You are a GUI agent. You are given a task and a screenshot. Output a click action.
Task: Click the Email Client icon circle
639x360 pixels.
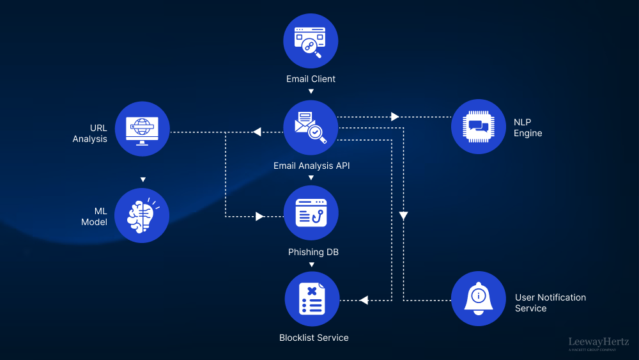[311, 41]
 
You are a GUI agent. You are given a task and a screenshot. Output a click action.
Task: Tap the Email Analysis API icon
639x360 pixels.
[311, 127]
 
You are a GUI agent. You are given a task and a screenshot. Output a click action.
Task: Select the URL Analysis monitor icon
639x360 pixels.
[142, 129]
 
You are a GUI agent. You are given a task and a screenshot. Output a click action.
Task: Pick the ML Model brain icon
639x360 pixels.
[142, 215]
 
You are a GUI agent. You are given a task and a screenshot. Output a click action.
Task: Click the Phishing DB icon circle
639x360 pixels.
[311, 214]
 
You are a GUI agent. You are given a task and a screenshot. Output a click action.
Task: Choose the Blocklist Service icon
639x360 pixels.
[311, 299]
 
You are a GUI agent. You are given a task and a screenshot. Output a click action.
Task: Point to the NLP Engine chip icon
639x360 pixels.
[478, 127]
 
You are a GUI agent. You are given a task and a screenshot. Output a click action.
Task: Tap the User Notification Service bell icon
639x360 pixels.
[478, 299]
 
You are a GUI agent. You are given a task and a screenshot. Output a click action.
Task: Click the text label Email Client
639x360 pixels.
[311, 79]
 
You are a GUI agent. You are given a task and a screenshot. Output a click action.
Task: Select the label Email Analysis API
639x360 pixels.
[311, 166]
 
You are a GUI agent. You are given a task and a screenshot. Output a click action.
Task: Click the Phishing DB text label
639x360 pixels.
[313, 252]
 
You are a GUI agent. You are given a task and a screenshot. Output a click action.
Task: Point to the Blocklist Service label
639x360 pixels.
[314, 338]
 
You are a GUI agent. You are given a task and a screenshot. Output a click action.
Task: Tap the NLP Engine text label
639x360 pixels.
[528, 128]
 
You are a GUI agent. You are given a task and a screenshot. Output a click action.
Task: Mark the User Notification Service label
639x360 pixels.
[550, 302]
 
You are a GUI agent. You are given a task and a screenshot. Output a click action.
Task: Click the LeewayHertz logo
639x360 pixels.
[599, 344]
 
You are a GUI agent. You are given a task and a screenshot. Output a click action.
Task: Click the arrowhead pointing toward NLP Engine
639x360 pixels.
[395, 117]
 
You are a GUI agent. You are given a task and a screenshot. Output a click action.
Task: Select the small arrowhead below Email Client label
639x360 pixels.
[311, 91]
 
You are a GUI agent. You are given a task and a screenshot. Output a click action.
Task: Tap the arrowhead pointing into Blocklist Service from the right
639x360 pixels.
[364, 300]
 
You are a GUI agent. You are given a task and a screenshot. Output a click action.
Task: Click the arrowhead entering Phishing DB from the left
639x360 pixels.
[259, 217]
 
